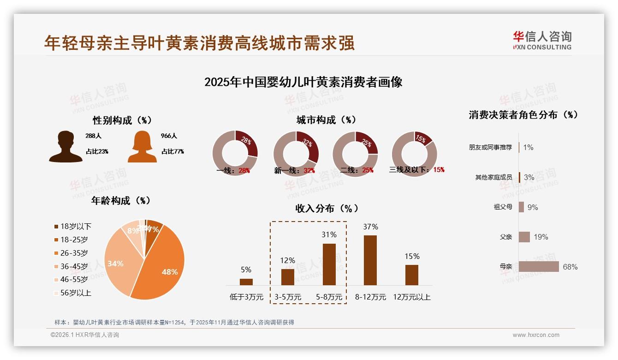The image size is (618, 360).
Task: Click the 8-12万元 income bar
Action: coord(370,260)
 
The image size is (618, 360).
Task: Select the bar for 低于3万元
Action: coord(246,282)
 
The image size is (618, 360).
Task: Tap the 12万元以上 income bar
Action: coord(412,275)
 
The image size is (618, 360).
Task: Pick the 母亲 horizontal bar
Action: coord(539,267)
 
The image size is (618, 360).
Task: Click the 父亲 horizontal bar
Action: coord(524,237)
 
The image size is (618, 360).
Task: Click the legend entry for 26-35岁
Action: coord(74,253)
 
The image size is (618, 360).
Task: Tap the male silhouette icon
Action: coord(66,147)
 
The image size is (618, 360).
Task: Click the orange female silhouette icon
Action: coord(142,147)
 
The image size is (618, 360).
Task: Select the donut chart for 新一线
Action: coord(296,154)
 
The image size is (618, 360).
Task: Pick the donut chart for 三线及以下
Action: coord(414,154)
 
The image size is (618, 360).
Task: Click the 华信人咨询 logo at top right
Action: coord(542,40)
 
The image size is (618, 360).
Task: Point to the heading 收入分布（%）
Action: coord(327,208)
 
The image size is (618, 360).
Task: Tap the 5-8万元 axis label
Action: coord(329,297)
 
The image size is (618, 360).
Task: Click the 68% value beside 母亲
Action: coord(570,267)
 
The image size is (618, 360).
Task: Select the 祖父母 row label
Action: coord(503,207)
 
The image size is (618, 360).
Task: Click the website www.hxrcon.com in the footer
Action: coord(536,335)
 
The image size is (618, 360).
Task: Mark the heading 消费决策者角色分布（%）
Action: coord(523,115)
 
